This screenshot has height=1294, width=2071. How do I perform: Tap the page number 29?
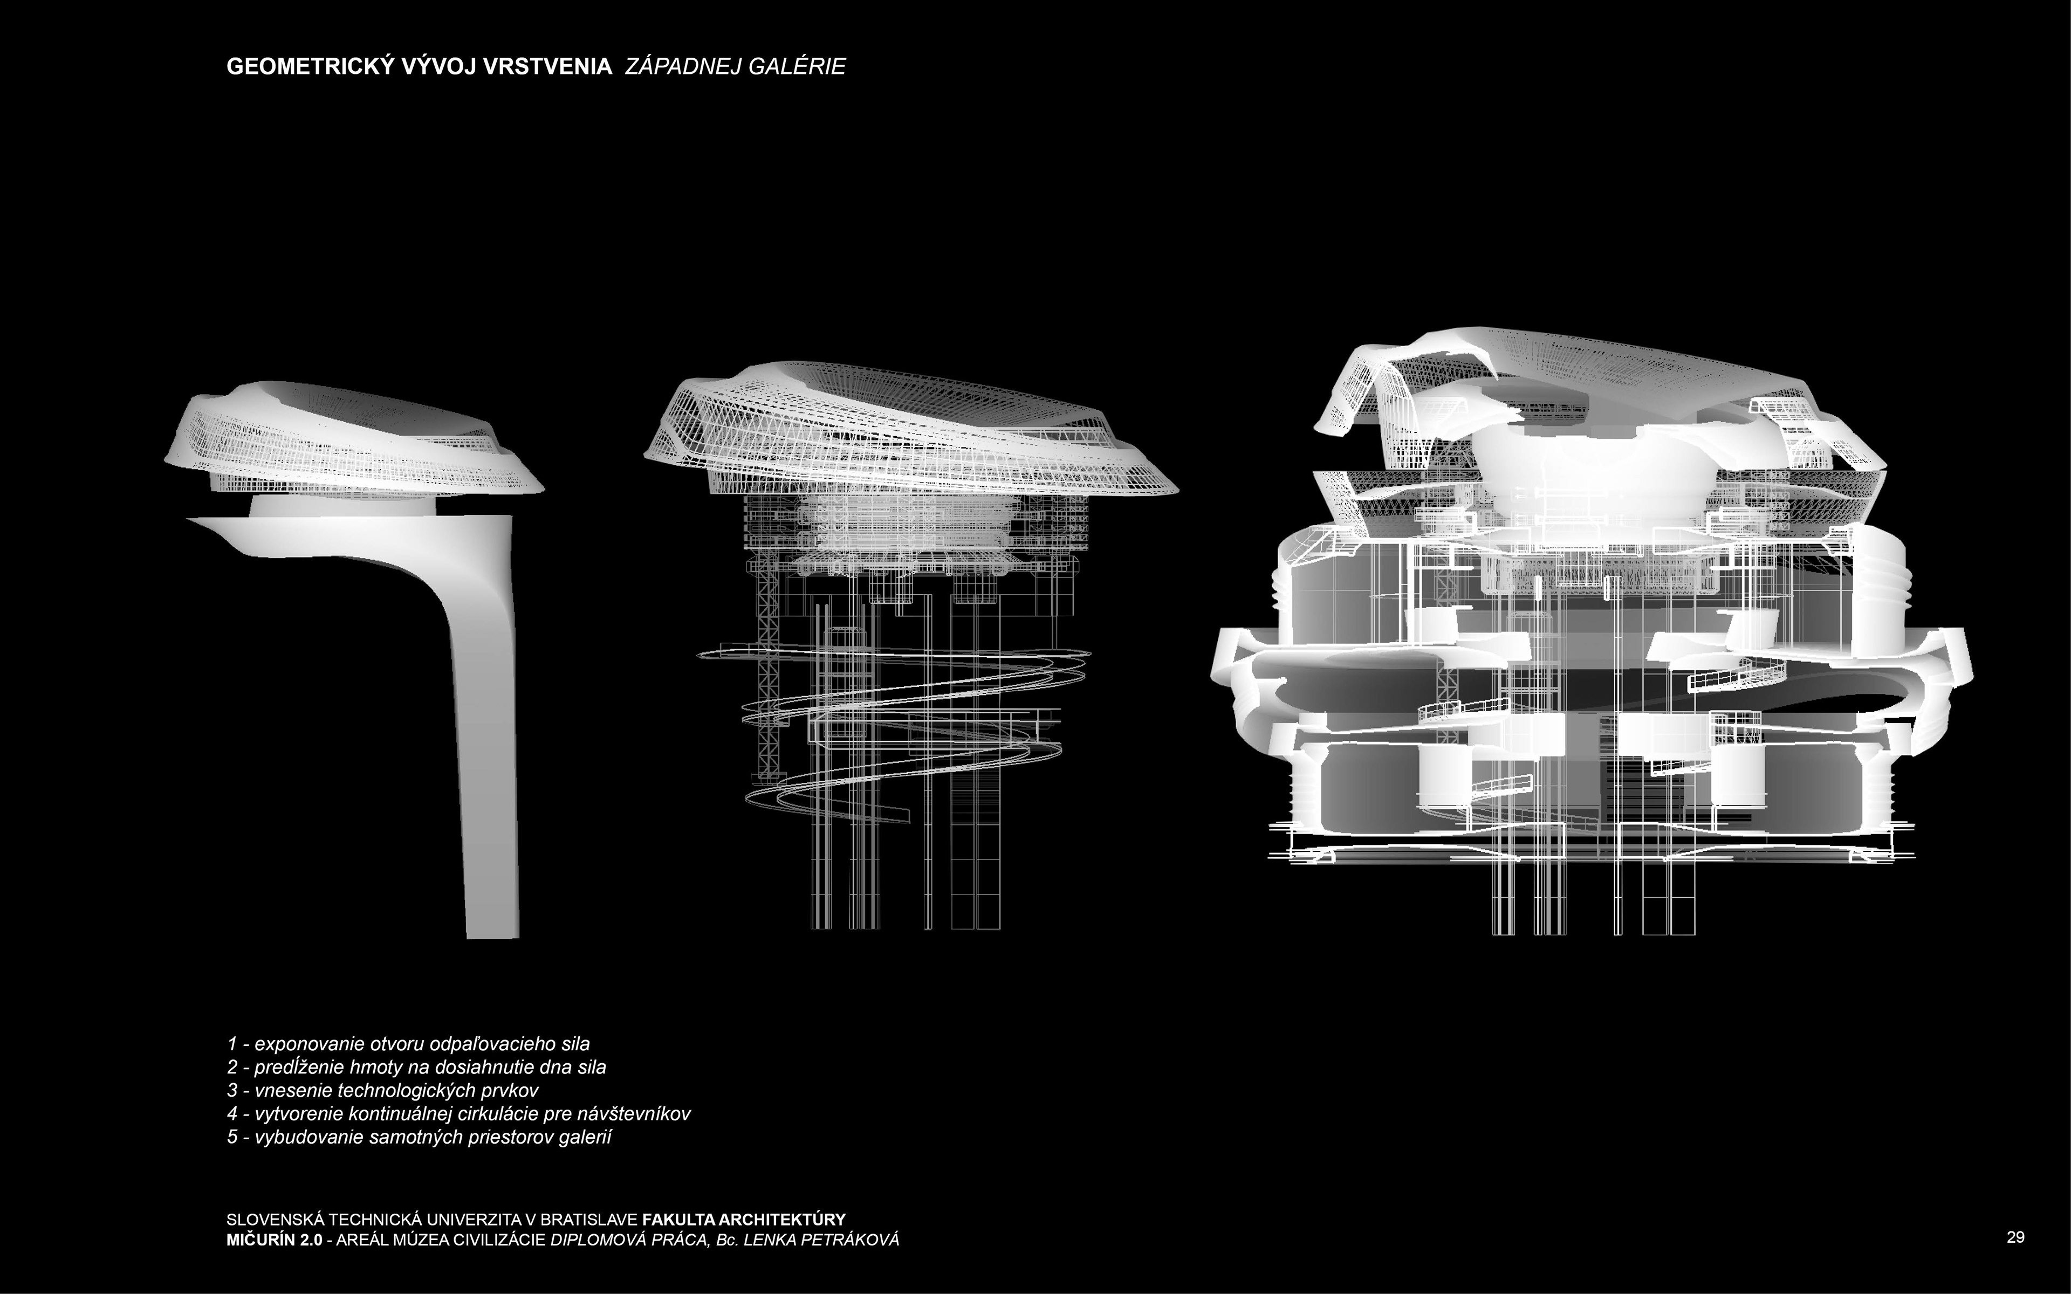point(2015,1237)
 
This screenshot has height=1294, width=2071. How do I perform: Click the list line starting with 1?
point(408,1044)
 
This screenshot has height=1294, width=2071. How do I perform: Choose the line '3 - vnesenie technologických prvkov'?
point(382,1090)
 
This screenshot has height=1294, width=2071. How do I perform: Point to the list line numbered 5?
point(420,1138)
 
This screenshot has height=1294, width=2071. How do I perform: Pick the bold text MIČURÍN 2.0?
point(274,1240)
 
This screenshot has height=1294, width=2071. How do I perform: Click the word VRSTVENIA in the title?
point(548,67)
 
